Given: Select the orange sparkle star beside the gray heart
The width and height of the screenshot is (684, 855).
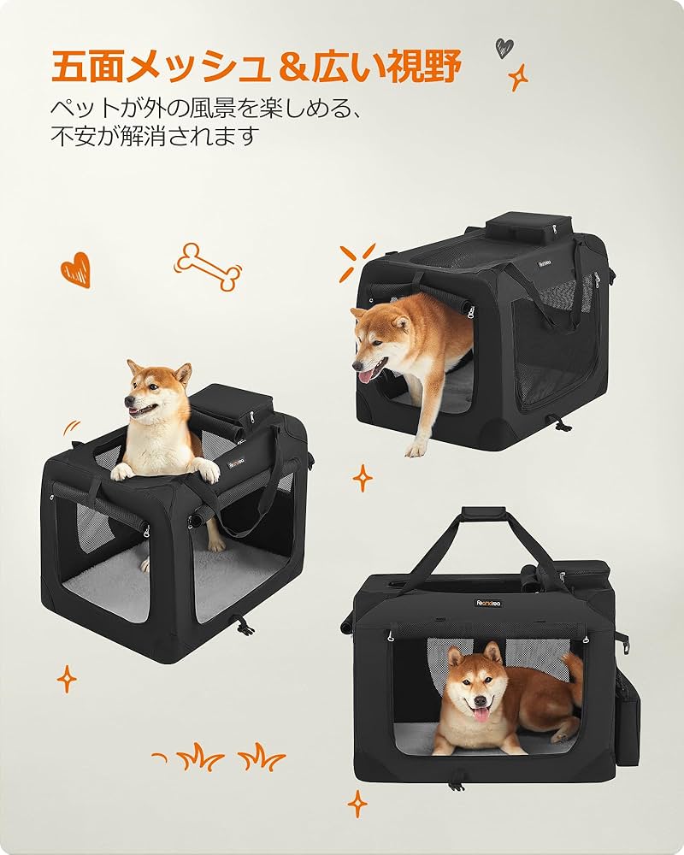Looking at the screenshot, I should pos(518,79).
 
